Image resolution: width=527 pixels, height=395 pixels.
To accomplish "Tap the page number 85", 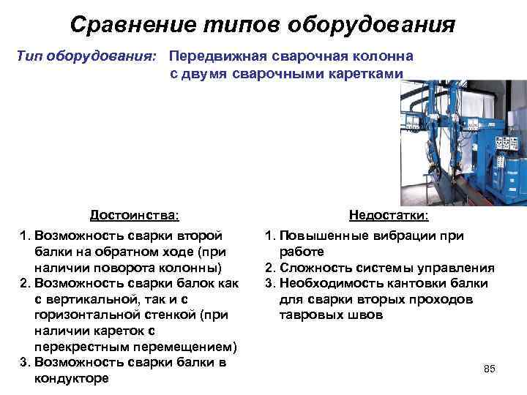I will pyautogui.click(x=490, y=369).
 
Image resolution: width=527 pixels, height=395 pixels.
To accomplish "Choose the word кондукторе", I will pyautogui.click(x=72, y=379).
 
